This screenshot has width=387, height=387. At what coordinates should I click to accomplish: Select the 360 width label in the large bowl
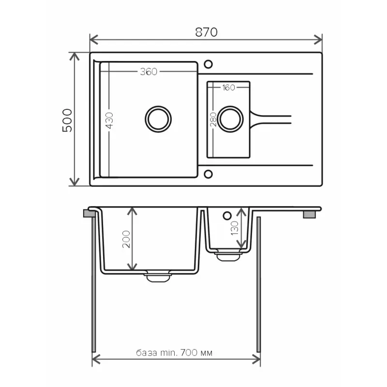(149, 72)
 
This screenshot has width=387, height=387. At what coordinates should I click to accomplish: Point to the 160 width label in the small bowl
(228, 88)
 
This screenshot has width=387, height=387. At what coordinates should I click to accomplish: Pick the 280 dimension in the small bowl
(213, 119)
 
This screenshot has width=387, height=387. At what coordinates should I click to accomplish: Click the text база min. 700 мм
(174, 353)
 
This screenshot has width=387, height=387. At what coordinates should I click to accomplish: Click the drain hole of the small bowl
(230, 119)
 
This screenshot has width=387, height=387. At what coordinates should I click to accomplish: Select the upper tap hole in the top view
(208, 64)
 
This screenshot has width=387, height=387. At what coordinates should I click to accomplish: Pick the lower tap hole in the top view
(208, 173)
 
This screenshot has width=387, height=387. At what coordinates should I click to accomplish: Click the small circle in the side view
(226, 214)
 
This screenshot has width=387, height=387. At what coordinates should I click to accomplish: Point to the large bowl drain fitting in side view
(158, 276)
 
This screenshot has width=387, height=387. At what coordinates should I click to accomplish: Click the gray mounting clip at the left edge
(89, 213)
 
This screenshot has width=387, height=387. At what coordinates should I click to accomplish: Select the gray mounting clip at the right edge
(309, 214)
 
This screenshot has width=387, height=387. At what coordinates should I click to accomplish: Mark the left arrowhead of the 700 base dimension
(95, 359)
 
